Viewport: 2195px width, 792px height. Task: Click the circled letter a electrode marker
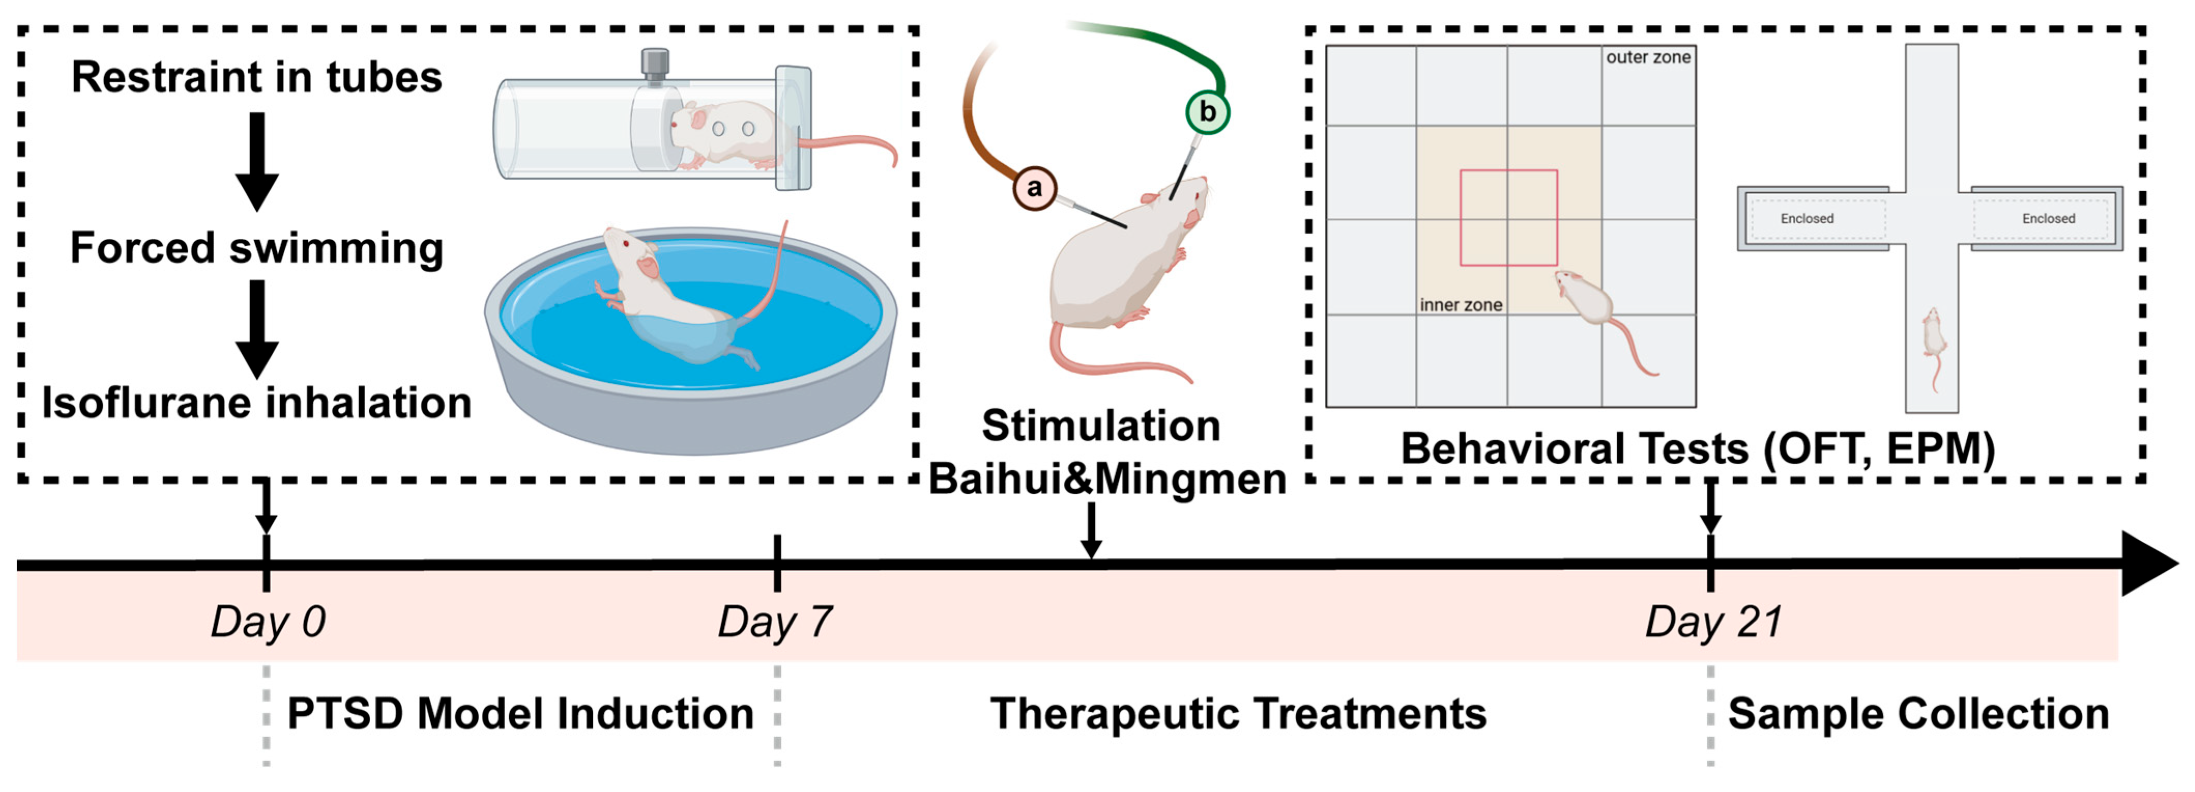1034,188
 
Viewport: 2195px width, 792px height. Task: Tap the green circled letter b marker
1207,112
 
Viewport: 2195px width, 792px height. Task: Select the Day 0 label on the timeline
268,622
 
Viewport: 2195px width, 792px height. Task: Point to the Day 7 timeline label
774,622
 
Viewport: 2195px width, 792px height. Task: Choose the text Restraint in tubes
256,78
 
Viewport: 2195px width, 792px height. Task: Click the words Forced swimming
256,248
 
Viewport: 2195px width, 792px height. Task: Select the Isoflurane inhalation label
256,402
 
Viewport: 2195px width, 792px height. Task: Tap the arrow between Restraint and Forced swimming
256,162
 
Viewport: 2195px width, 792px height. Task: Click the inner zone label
1460,305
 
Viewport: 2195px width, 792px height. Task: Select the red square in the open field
1508,218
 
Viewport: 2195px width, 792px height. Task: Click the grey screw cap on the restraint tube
654,63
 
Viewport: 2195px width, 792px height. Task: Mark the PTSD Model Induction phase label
520,714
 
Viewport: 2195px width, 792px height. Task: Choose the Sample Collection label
1918,714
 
